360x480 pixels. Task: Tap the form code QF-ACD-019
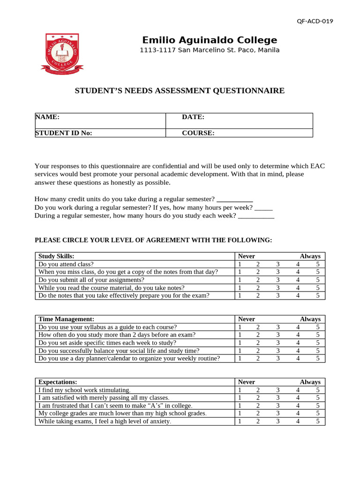315,21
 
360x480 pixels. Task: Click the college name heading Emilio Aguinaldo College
210,40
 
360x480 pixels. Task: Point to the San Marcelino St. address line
210,50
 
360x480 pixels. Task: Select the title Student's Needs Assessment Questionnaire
180,91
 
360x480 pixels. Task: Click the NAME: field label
47,117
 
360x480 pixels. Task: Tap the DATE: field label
193,117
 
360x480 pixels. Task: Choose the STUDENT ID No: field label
64,133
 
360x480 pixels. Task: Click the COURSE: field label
198,133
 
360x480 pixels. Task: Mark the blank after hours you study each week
256,216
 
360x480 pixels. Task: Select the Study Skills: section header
56,256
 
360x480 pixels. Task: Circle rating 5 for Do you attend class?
318,264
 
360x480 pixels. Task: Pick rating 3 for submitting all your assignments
277,280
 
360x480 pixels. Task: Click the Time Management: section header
66,319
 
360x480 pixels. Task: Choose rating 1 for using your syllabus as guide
240,327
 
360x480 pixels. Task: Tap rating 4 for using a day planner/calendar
298,359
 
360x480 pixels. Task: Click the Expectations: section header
58,382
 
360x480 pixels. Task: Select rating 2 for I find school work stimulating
258,390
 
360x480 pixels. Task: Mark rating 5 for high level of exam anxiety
318,421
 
